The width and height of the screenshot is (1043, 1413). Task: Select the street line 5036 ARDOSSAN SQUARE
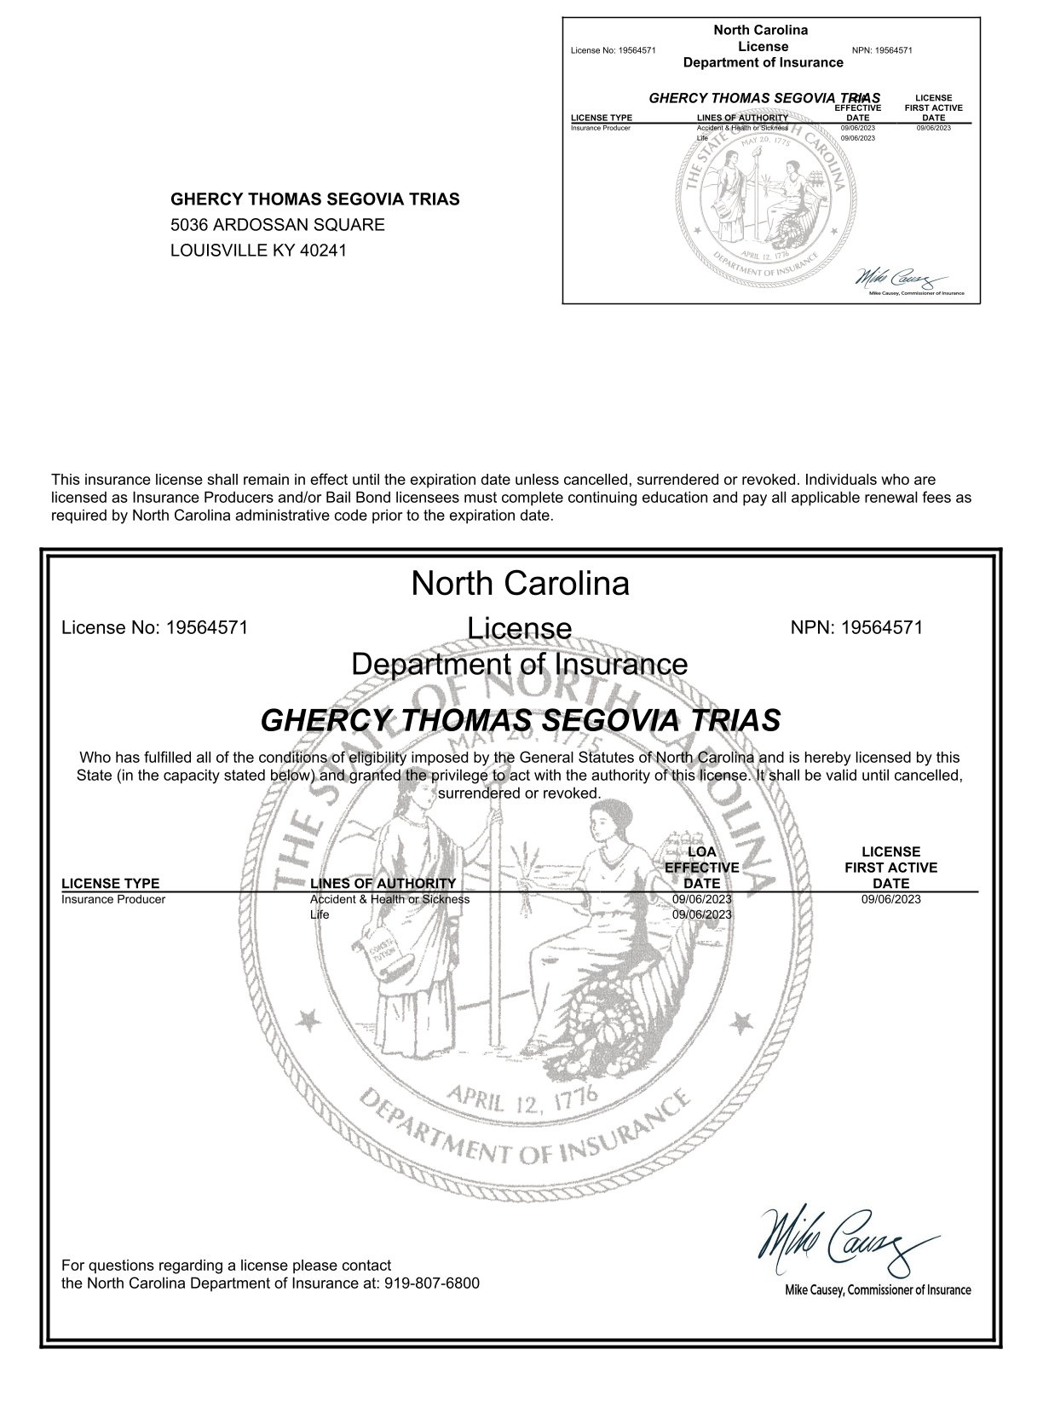click(278, 225)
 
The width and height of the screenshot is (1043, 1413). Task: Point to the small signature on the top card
click(900, 279)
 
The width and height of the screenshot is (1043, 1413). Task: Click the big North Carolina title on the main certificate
click(520, 584)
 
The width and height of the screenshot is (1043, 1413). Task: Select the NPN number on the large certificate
click(856, 628)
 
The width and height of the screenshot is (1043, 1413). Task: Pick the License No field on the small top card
click(613, 50)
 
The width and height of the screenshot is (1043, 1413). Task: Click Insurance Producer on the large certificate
click(113, 899)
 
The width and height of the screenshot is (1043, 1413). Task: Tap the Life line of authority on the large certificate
click(320, 914)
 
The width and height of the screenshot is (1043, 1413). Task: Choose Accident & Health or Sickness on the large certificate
click(389, 899)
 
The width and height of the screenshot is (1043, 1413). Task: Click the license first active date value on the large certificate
click(890, 899)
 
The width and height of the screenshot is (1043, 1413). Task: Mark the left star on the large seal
click(308, 1018)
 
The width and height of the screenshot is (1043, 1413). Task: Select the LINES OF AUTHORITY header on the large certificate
click(383, 884)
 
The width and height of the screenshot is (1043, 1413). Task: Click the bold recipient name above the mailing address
click(315, 199)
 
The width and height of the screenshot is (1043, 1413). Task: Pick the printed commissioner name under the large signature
click(877, 1290)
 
